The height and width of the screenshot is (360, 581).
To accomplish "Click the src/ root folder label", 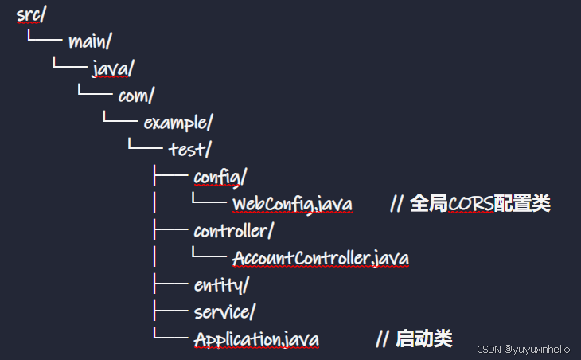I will [30, 16].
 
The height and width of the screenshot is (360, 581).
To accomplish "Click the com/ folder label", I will [136, 96].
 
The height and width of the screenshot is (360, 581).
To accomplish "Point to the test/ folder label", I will [190, 150].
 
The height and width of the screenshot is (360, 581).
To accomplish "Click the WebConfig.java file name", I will [292, 205].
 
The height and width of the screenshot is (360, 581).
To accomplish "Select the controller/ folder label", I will [234, 231].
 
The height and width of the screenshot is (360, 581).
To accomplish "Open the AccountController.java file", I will [321, 259].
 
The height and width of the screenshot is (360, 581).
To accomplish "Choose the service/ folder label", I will [224, 311].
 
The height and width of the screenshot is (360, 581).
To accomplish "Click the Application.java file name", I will [256, 339].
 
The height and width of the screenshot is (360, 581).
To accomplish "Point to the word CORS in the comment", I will [470, 204].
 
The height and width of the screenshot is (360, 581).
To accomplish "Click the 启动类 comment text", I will [423, 338].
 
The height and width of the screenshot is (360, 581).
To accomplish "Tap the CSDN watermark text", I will [487, 349].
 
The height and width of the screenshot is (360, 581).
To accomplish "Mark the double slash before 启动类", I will [382, 338].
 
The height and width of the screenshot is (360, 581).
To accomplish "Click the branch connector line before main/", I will [44, 38].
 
